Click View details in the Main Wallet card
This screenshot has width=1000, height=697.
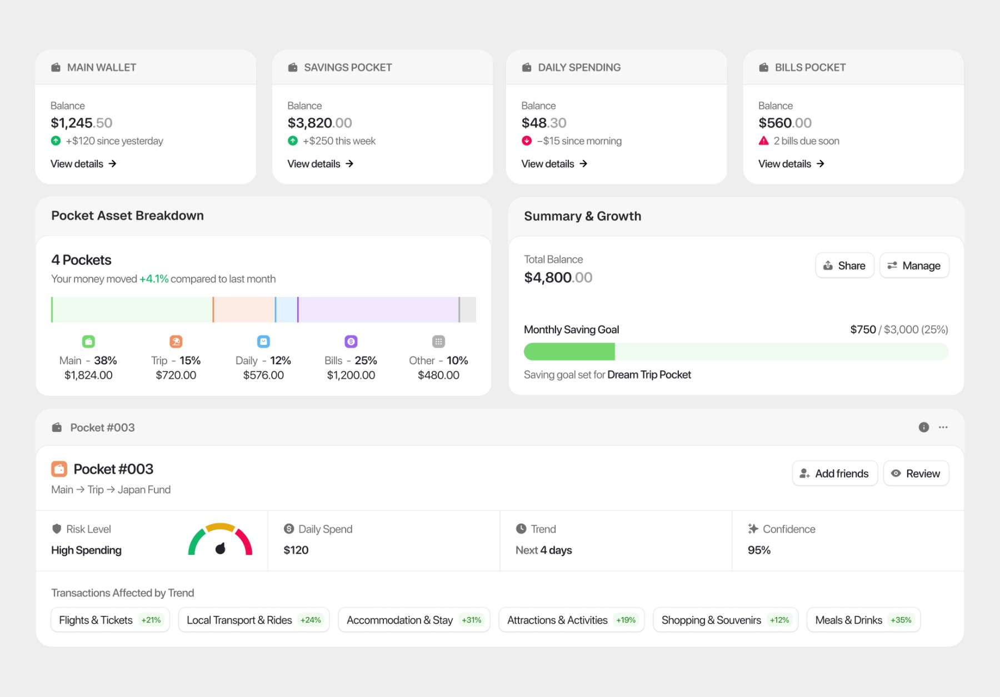tap(83, 164)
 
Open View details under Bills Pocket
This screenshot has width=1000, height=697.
tap(791, 164)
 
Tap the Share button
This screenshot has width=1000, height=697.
tap(844, 265)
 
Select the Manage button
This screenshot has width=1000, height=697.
tap(914, 265)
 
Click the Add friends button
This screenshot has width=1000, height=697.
tap(835, 473)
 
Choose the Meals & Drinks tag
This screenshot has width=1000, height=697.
tap(863, 620)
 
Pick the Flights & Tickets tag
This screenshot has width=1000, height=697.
tap(110, 620)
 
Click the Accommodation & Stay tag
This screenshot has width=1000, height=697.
tap(414, 620)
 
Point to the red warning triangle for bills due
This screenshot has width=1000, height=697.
tap(764, 141)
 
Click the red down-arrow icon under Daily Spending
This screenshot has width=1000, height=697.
tap(527, 141)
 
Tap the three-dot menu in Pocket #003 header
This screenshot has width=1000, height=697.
tap(943, 427)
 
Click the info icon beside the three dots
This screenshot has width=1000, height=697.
tap(924, 427)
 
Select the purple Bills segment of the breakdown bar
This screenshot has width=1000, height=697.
tap(378, 309)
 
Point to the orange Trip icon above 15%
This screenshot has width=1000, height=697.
tap(176, 342)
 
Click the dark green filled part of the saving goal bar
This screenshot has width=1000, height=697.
tap(569, 352)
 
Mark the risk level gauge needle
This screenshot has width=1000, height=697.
tap(221, 548)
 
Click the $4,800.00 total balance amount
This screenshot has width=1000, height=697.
tap(558, 277)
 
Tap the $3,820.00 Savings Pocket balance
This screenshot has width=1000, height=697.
tap(320, 123)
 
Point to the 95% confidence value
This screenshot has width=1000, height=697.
tap(759, 550)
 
